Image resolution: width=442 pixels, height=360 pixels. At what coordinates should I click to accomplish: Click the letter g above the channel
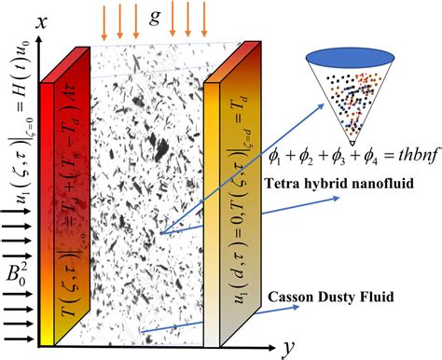pyautogui.click(x=155, y=16)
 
